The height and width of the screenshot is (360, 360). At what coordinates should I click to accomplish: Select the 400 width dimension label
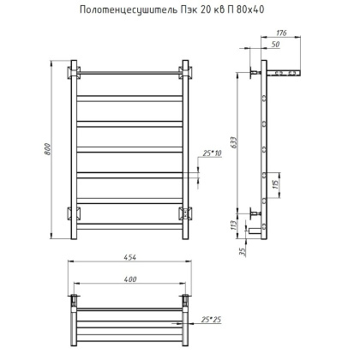coord(129,280)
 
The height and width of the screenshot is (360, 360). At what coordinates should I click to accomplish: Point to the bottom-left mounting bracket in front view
coord(75,213)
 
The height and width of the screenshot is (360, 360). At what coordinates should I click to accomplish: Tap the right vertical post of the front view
coord(185,146)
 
